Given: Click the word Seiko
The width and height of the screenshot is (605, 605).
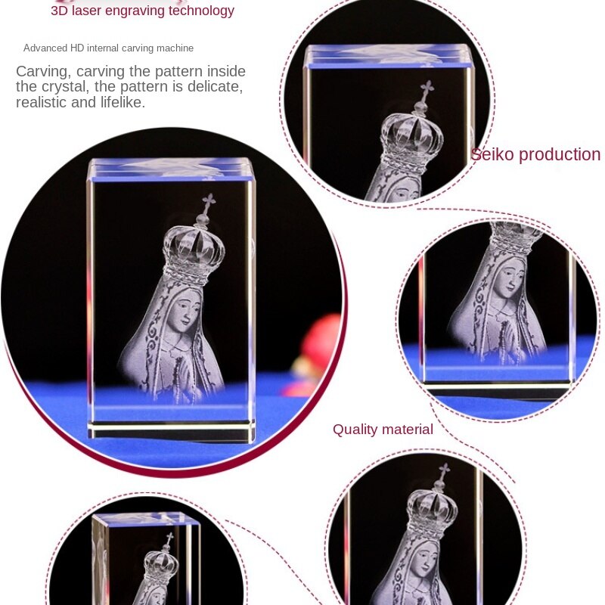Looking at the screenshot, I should (x=492, y=155).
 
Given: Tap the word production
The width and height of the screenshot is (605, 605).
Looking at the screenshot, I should (x=560, y=155).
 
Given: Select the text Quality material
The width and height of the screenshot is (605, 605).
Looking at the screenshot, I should (x=383, y=430).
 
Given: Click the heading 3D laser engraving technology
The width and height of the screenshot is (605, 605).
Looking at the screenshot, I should (x=142, y=11).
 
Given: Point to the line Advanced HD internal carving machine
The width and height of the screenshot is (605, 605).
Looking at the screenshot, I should (x=108, y=48).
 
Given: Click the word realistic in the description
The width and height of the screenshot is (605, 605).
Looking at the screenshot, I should (x=42, y=102).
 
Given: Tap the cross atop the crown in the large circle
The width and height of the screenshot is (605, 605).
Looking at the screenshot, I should (x=208, y=202).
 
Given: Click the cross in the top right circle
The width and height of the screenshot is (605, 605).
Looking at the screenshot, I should (x=427, y=88).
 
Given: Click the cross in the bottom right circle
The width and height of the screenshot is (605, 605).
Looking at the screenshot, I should (x=444, y=471).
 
